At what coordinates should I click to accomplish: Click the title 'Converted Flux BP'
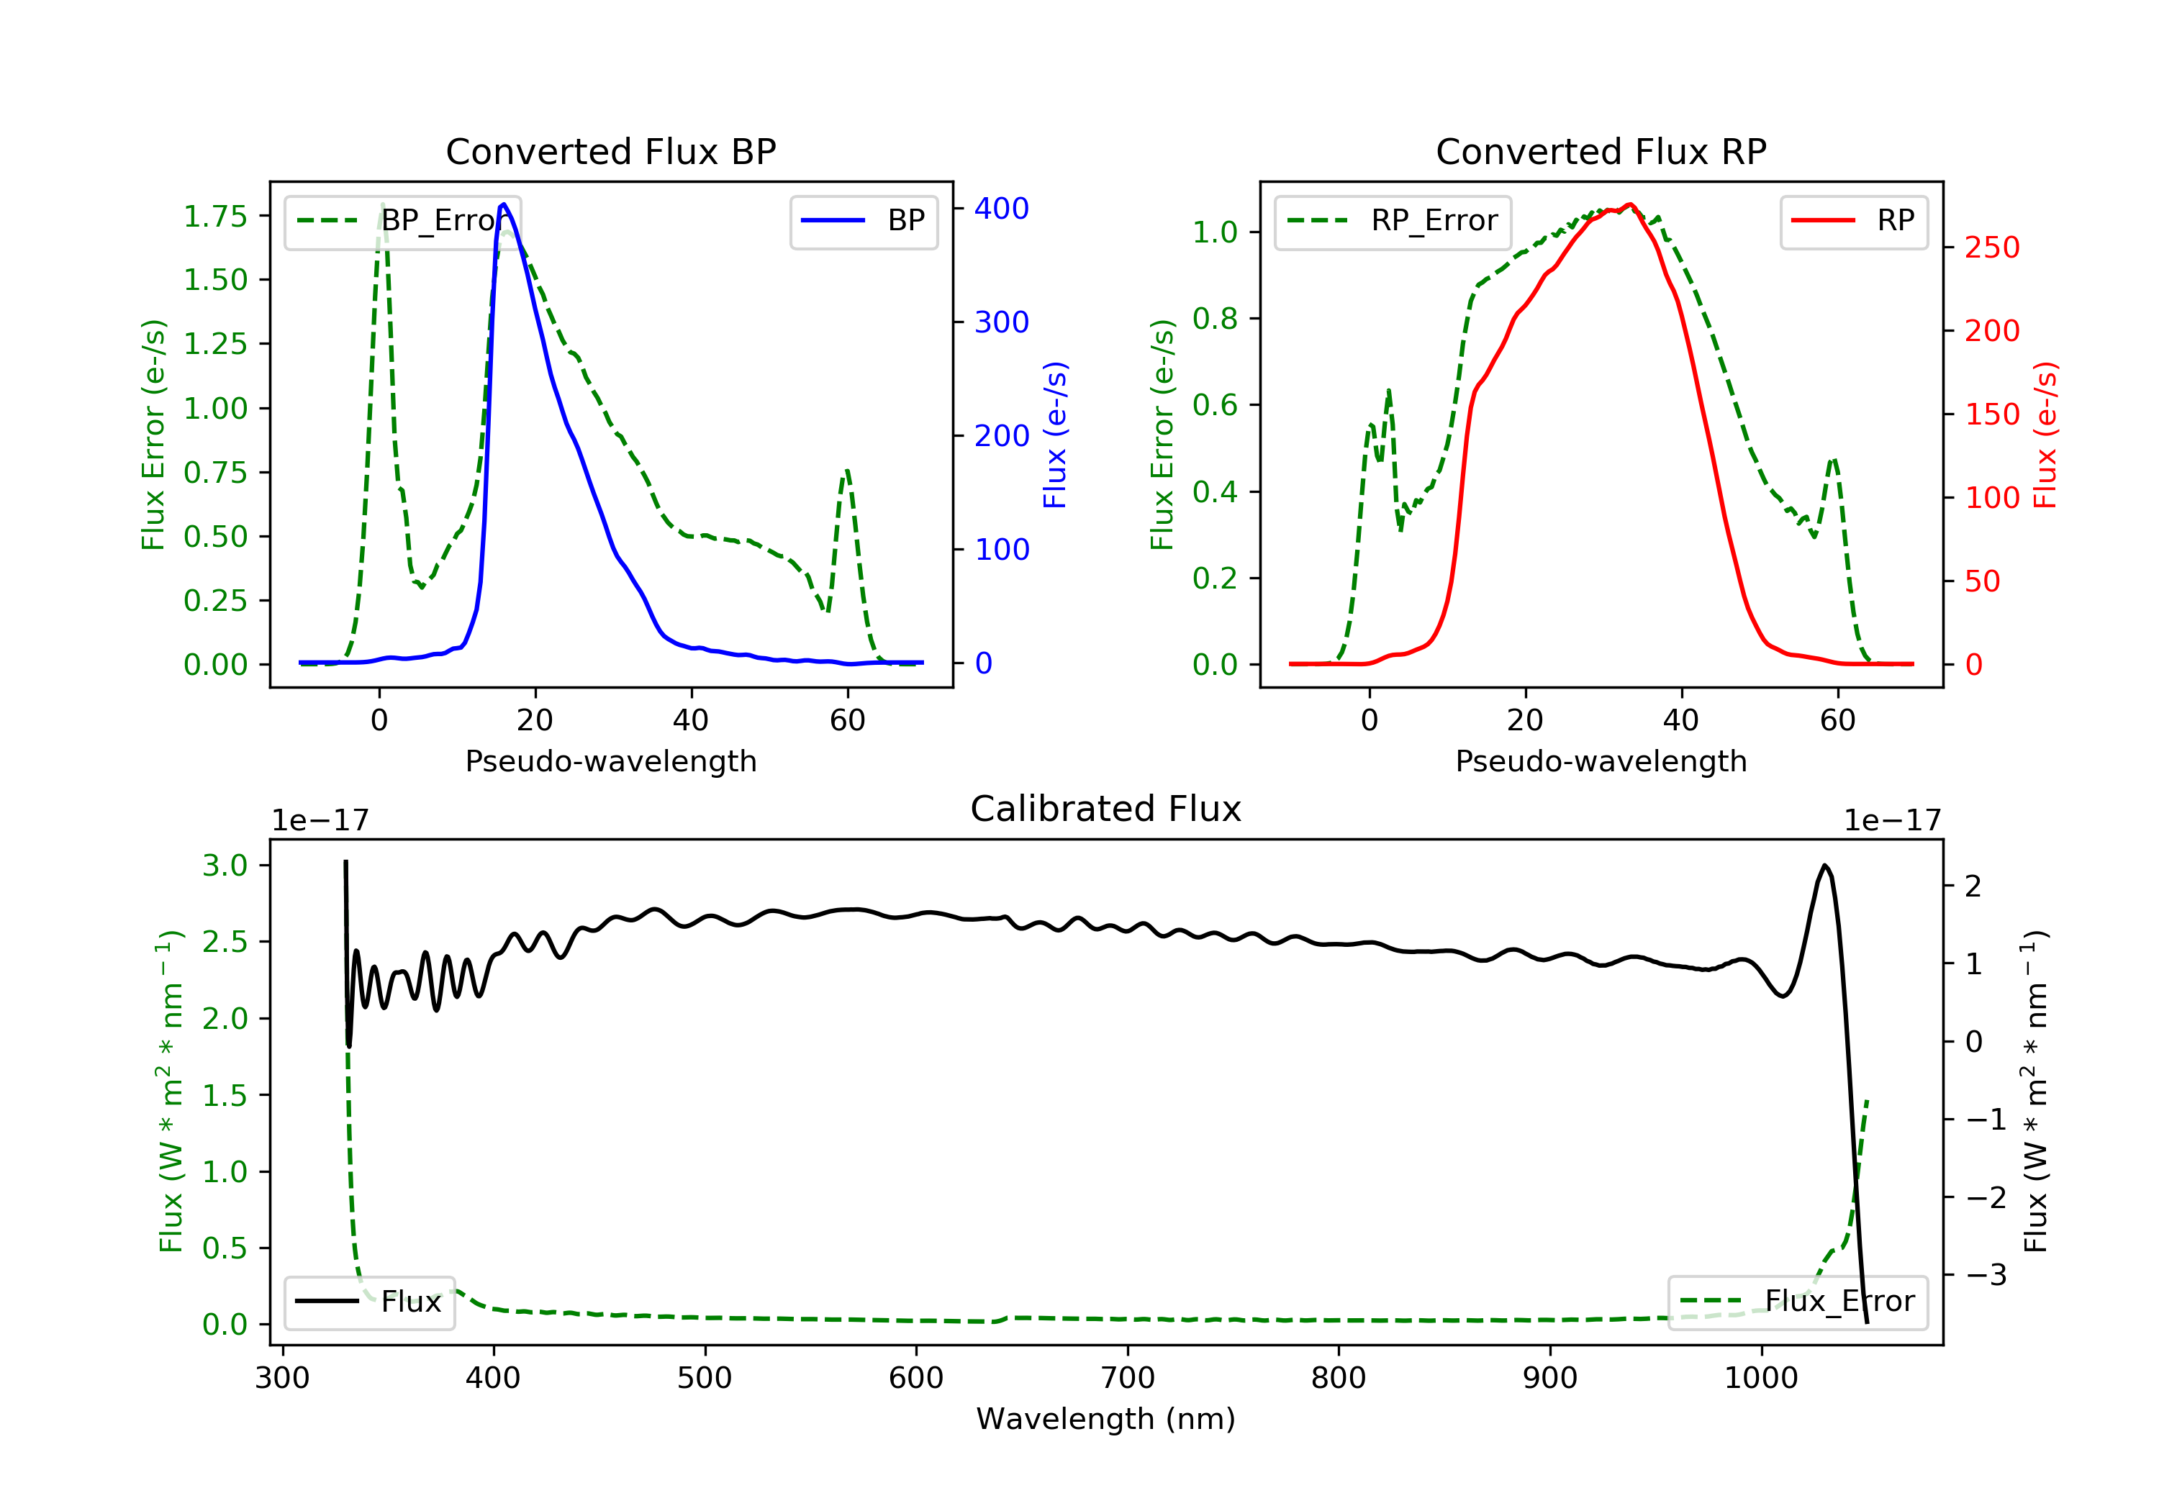[x=610, y=151]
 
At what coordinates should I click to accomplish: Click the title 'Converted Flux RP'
[x=1601, y=151]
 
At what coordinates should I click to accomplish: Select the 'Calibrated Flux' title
[x=1106, y=809]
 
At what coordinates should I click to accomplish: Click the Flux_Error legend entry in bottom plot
[x=1797, y=1302]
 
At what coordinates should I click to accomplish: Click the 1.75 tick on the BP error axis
[x=215, y=217]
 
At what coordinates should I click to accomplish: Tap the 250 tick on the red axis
[x=1991, y=248]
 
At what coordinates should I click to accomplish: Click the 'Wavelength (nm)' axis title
[x=1106, y=1419]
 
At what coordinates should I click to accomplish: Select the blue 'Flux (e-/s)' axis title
[x=1055, y=435]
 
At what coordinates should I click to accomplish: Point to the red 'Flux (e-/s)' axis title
[x=2045, y=435]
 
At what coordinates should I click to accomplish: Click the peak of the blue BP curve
[x=504, y=204]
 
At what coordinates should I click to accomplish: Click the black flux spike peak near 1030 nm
[x=1825, y=865]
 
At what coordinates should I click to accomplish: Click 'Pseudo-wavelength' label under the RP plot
[x=1601, y=761]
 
